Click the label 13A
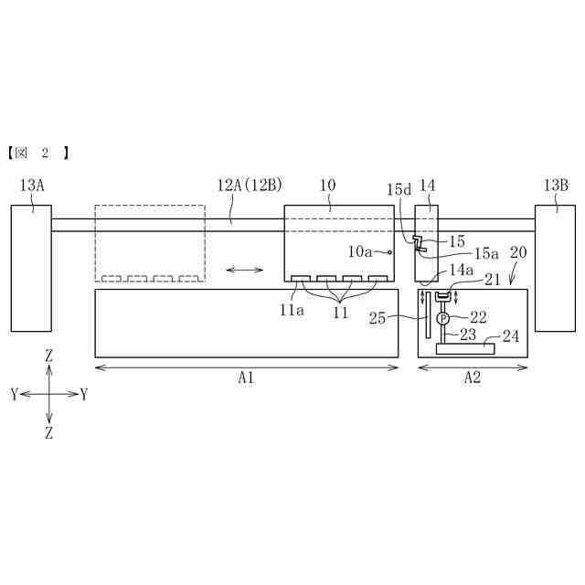click(x=32, y=186)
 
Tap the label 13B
click(x=556, y=186)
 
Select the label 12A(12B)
click(x=250, y=185)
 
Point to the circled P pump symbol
click(x=442, y=318)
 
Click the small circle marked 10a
click(x=389, y=252)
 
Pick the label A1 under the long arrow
click(x=246, y=378)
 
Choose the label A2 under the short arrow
click(x=473, y=378)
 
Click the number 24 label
click(x=511, y=336)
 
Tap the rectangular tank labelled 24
click(x=465, y=349)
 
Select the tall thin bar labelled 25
click(x=429, y=314)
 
